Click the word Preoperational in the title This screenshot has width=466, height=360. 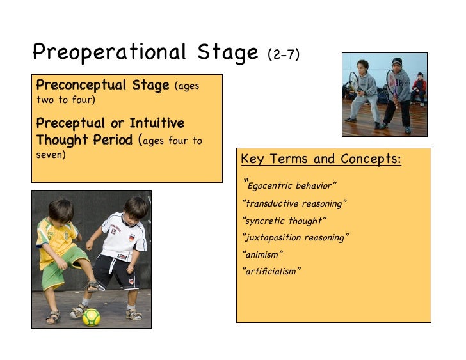point(109,52)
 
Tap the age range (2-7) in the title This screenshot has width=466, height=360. point(284,55)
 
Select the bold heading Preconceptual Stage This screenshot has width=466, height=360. point(102,86)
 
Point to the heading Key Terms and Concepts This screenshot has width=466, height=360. point(321,159)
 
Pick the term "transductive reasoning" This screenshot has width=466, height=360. point(295,203)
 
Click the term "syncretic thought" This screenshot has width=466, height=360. point(285,221)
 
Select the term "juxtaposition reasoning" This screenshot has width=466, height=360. point(296,237)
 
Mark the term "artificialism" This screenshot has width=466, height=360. point(272,271)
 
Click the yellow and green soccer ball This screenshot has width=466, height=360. point(91,317)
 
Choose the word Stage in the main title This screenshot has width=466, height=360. point(227,52)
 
